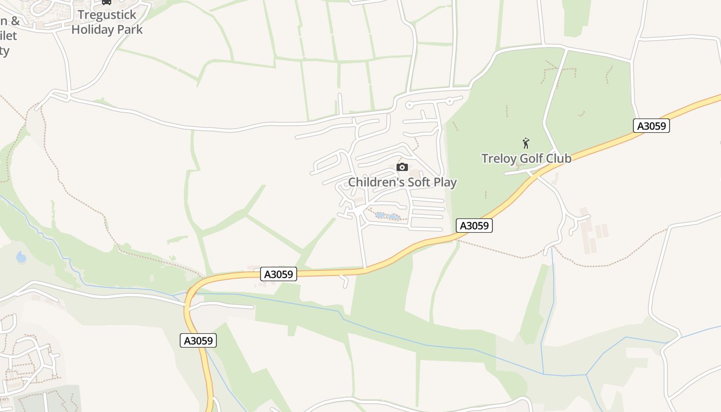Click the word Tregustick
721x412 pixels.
coord(107,15)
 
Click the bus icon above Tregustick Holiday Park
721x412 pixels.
coord(107,3)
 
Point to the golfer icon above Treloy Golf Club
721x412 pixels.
coord(526,143)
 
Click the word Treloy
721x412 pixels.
coord(499,158)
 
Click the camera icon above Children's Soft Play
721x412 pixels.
coord(402,167)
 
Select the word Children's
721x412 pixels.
coord(376,182)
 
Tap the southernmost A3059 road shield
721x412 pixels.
coord(198,340)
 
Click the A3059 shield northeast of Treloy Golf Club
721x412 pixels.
coord(651,126)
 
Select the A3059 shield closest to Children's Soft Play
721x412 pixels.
coord(474,226)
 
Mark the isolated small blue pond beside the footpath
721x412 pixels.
coord(21,256)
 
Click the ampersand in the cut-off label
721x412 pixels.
coord(15,21)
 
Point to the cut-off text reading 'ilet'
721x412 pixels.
coord(9,36)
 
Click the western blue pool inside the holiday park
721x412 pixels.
coord(380,215)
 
